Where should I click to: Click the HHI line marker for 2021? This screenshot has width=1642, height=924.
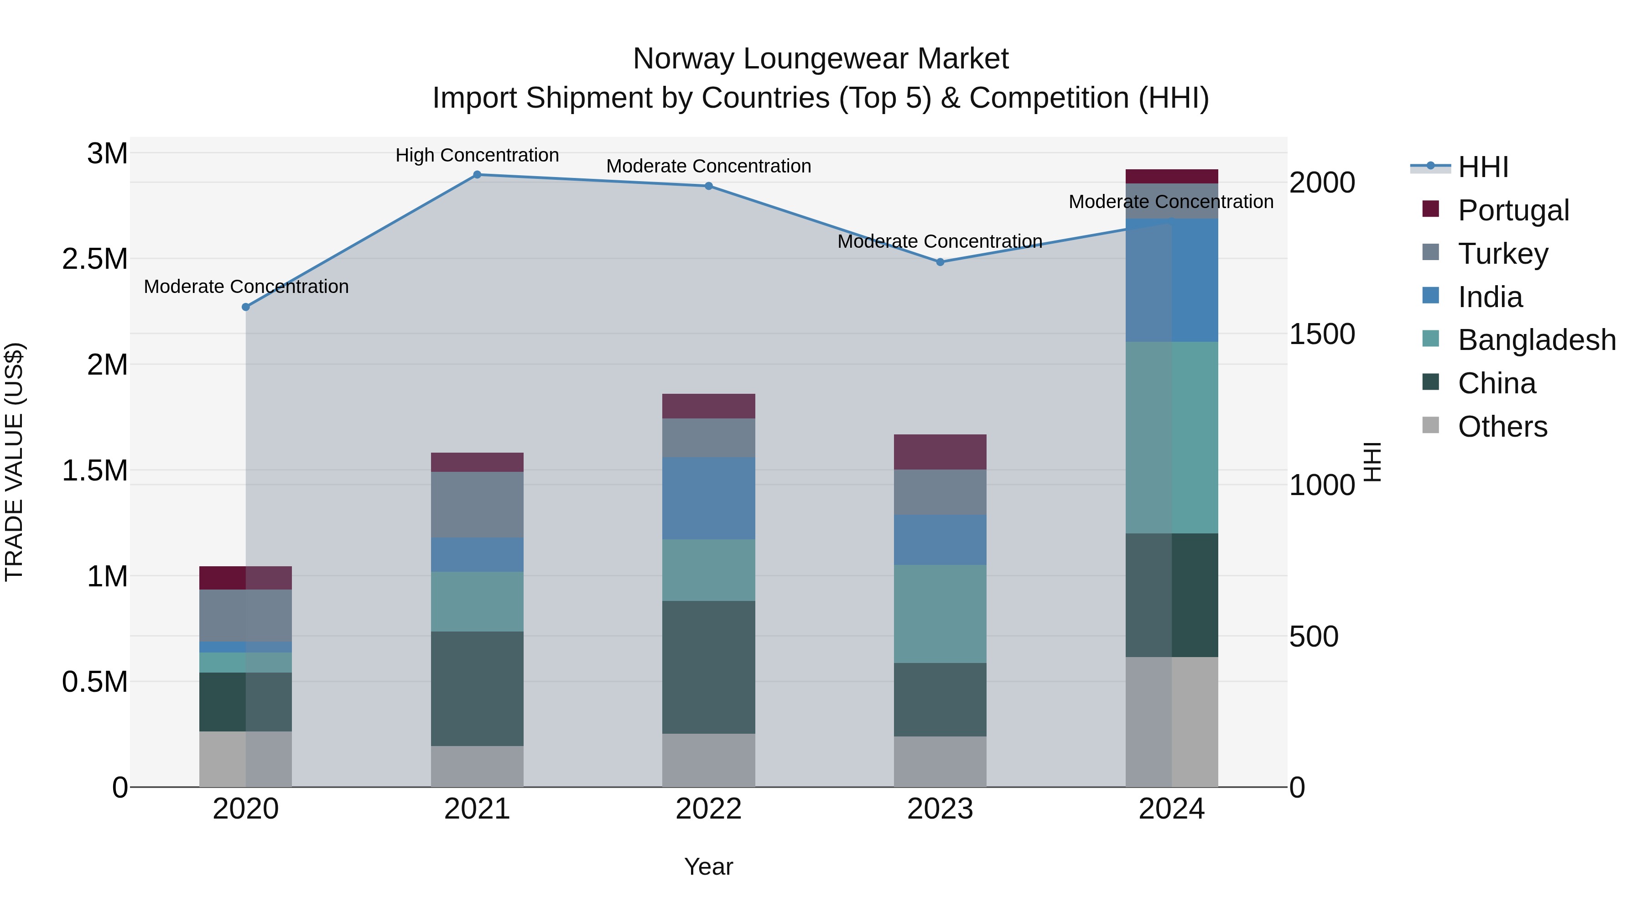point(477,175)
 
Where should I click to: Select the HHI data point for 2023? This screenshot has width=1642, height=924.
point(940,262)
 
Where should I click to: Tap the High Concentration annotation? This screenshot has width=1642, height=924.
point(477,155)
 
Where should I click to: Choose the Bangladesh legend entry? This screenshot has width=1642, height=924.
point(1536,340)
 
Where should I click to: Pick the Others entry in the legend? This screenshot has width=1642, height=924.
point(1502,427)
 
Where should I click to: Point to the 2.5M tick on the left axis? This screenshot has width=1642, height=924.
point(95,259)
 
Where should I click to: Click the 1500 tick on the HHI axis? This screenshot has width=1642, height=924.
point(1321,334)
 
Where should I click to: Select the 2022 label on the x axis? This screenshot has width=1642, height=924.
point(708,809)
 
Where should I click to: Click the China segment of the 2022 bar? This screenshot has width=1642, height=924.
point(708,667)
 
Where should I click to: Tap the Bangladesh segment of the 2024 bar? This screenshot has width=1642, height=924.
point(1172,438)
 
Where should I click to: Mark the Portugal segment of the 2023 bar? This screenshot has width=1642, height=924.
point(940,452)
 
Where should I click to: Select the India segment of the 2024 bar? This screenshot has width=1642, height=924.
point(1172,281)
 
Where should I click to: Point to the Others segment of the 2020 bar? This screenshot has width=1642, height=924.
point(245,759)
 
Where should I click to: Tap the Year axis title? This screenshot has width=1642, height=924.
point(708,867)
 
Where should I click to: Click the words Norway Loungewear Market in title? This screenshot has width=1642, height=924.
point(821,59)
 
